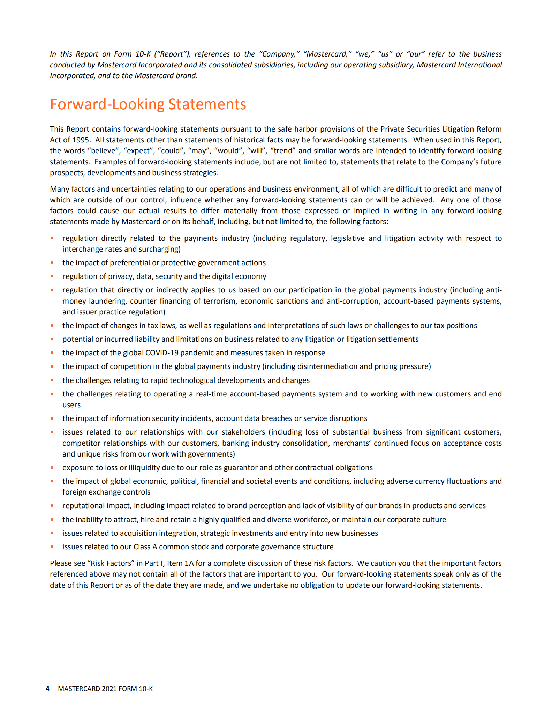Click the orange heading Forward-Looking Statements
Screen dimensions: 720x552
pos(148,104)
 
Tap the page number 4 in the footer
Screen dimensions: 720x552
pos(47,689)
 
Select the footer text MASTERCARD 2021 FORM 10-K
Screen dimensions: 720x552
pos(105,689)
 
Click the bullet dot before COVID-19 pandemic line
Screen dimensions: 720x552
pos(52,352)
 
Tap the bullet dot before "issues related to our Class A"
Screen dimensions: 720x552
pos(52,547)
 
